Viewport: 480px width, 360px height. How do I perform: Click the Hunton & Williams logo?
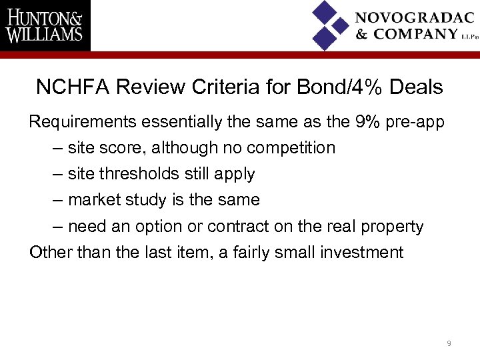tap(45, 25)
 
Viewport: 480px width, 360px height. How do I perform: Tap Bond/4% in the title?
tap(336, 87)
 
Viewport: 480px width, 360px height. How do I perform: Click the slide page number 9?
tap(449, 343)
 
